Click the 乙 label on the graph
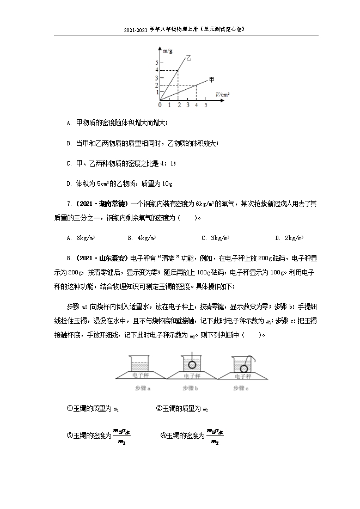pos(189,56)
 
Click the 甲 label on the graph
pos(211,79)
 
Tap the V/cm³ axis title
pos(222,94)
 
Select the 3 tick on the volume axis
pos(187,105)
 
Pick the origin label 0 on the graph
pos(159,105)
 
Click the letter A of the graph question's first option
pos(69,124)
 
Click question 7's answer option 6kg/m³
pos(86,238)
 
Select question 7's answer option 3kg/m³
pos(218,238)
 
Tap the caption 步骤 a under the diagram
pos(143,388)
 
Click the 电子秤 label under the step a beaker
pos(142,376)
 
